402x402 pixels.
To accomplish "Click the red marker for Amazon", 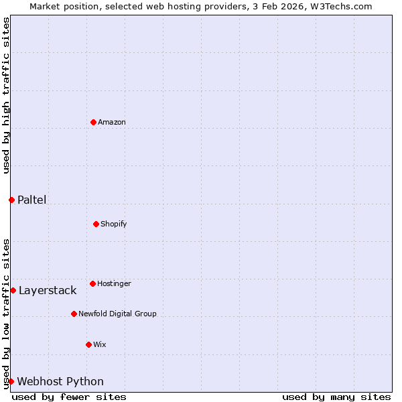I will pyautogui.click(x=93, y=122).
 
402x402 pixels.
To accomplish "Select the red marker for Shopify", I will pyautogui.click(x=96, y=224).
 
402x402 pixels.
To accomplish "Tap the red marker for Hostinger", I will pyautogui.click(x=92, y=283).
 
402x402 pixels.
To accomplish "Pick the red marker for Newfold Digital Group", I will pyautogui.click(x=74, y=314).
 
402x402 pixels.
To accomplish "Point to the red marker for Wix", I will pyautogui.click(x=88, y=344).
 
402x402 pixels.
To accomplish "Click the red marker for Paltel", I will pyautogui.click(x=11, y=200).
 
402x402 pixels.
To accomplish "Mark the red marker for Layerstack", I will pyautogui.click(x=13, y=290).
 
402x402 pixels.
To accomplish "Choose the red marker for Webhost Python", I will pyautogui.click(x=11, y=381).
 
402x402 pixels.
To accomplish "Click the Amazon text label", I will pyautogui.click(x=112, y=122).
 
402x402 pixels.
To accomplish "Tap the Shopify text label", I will pyautogui.click(x=114, y=224).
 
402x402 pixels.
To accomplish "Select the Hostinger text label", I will pyautogui.click(x=114, y=283).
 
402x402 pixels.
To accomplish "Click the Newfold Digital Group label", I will pyautogui.click(x=117, y=314).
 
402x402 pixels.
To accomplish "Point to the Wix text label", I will pyautogui.click(x=100, y=344).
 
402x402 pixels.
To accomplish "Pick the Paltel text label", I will pyautogui.click(x=31, y=200).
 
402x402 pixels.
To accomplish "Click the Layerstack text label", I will pyautogui.click(x=48, y=290).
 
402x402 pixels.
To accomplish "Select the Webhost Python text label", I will pyautogui.click(x=60, y=381).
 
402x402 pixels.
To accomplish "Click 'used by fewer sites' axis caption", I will pyautogui.click(x=69, y=397).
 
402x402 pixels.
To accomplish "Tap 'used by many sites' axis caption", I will pyautogui.click(x=336, y=397).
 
